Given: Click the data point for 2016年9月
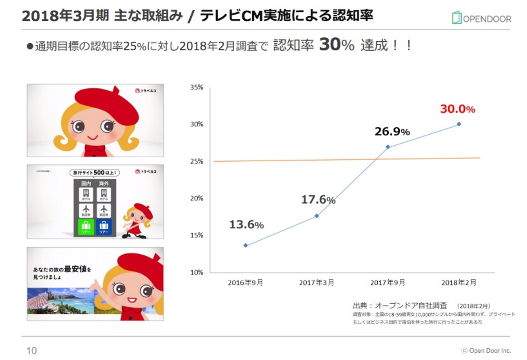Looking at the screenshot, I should [x=245, y=245].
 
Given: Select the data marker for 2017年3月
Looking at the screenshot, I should [x=317, y=216].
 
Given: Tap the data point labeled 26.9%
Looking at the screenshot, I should [x=388, y=147].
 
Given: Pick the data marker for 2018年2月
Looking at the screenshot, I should [x=459, y=124].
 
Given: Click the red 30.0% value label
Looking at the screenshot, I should [x=457, y=109].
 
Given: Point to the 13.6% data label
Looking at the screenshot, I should [x=246, y=225].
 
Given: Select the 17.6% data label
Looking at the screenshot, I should [x=318, y=200].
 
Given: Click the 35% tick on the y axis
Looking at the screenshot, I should [x=197, y=87].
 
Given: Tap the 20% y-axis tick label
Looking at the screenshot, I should [x=197, y=198].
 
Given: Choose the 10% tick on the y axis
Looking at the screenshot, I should [x=197, y=272].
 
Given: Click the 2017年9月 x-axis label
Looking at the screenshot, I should [x=388, y=282].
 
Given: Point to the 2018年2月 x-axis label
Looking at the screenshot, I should [x=459, y=282].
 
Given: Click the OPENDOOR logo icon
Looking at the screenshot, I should [x=456, y=18].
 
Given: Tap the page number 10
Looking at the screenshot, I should [x=31, y=350].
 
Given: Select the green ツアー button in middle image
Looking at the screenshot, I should [x=86, y=227].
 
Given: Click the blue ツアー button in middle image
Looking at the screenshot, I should [x=104, y=227].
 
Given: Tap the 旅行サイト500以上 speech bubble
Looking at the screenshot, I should [x=94, y=173].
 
